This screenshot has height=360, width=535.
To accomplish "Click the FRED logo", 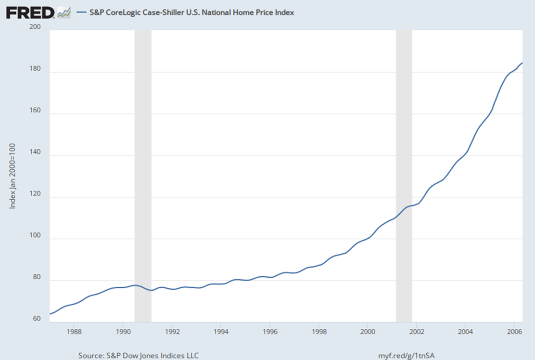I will point(30,13).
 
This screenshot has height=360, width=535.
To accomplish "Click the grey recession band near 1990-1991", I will point(143,176).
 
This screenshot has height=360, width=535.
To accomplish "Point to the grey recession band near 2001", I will point(404,176).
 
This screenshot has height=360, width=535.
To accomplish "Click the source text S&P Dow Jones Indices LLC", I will point(139,355).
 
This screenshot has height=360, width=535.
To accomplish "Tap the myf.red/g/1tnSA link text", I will point(407,355).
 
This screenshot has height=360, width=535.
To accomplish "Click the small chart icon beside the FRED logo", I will point(64,13).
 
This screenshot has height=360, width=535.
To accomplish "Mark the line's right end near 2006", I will point(522,63).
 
